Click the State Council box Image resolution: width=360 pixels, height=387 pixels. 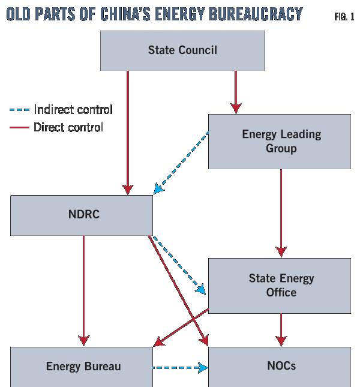(x=182, y=50)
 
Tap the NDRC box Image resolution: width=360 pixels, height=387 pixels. (x=81, y=215)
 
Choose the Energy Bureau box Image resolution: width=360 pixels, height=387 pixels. (x=81, y=366)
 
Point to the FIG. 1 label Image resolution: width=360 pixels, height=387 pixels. (x=344, y=16)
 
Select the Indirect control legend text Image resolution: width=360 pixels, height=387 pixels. (x=73, y=110)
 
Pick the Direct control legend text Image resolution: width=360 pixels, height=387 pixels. (x=68, y=127)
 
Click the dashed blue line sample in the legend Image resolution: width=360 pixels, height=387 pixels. (x=19, y=110)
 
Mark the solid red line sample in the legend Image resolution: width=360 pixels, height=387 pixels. (x=19, y=127)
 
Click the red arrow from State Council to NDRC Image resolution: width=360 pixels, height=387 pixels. (x=127, y=132)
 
